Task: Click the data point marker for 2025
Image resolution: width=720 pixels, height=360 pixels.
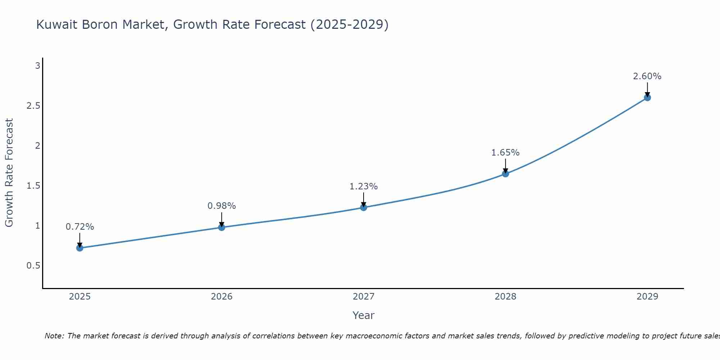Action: (x=80, y=248)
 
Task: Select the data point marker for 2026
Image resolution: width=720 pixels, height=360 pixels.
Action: (x=222, y=227)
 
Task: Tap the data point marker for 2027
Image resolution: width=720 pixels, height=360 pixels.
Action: (x=364, y=207)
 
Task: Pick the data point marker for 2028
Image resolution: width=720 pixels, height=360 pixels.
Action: (x=505, y=174)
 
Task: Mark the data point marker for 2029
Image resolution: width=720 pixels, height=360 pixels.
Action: (x=647, y=98)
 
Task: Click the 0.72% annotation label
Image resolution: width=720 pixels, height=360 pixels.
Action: (x=80, y=227)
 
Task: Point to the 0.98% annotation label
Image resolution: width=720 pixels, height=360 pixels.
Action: (x=222, y=206)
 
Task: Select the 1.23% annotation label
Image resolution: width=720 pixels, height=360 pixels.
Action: (x=364, y=186)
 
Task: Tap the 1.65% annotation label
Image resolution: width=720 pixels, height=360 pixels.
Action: (x=505, y=153)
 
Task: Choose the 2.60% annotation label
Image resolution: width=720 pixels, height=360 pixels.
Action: (x=647, y=76)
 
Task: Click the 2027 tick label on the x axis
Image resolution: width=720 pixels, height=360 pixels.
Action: (x=364, y=297)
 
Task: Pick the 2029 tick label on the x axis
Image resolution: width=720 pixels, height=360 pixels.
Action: (x=647, y=297)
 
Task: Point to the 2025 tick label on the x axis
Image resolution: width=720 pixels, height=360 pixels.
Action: (x=80, y=297)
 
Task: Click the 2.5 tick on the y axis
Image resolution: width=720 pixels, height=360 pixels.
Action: (x=33, y=106)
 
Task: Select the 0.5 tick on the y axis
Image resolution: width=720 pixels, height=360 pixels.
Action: (x=33, y=266)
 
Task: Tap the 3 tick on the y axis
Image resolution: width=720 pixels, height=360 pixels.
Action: (x=37, y=66)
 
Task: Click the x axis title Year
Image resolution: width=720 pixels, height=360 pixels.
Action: (x=364, y=315)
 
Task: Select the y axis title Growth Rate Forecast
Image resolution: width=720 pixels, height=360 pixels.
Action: (x=9, y=173)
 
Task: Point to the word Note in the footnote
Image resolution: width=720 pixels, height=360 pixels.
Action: (x=54, y=336)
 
